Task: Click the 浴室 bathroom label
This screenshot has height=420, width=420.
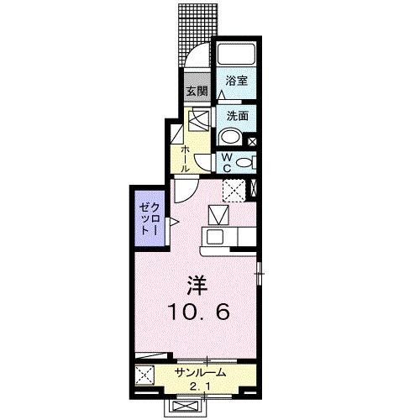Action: click(237, 81)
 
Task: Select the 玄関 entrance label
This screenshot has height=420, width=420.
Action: click(196, 91)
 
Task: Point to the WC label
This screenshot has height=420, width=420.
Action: click(227, 162)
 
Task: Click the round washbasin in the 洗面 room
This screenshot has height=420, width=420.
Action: click(228, 138)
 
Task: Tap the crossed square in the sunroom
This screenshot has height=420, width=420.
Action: click(145, 375)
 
